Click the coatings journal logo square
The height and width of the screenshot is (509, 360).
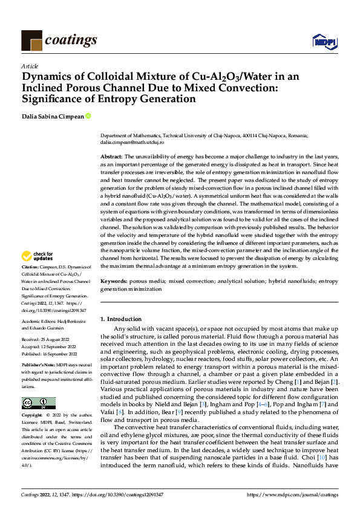(x=31, y=40)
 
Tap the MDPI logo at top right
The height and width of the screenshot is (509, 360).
(x=322, y=41)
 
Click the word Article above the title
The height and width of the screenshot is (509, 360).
(x=30, y=65)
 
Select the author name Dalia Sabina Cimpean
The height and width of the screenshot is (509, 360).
(x=53, y=116)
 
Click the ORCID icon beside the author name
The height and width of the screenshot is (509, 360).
(x=88, y=116)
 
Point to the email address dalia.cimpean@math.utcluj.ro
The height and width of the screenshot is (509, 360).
(x=131, y=144)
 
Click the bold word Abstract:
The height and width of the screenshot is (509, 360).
(x=112, y=156)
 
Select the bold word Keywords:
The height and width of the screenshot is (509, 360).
(x=114, y=282)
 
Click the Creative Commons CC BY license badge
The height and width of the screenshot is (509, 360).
(x=38, y=403)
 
